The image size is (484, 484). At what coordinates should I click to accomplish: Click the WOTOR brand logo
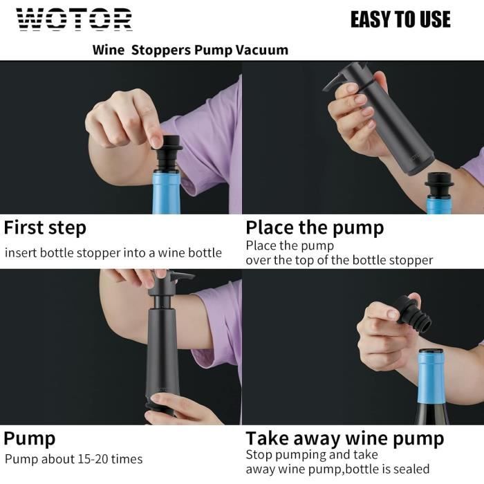click(74, 20)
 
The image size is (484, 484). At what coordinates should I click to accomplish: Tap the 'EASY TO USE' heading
click(400, 19)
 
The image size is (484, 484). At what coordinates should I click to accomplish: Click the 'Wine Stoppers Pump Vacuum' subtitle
click(190, 50)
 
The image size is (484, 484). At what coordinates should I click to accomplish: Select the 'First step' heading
click(46, 227)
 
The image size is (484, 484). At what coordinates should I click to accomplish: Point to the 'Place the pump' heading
click(315, 227)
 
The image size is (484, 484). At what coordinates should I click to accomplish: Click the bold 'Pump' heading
click(30, 438)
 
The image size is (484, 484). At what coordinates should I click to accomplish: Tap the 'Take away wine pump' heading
click(345, 438)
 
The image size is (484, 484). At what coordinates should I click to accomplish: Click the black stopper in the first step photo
click(167, 156)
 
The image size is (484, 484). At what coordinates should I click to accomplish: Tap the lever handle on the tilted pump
click(339, 79)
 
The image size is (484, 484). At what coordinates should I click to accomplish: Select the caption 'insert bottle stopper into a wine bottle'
click(113, 253)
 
